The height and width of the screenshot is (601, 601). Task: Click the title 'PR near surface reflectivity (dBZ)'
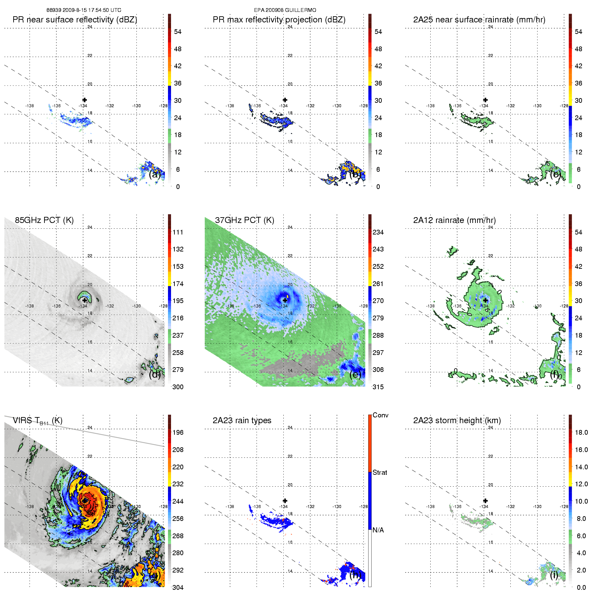click(75, 20)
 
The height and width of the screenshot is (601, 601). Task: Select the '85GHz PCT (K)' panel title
click(44, 220)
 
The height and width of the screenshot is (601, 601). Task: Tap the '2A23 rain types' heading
click(242, 420)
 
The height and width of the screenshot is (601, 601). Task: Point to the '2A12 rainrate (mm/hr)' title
click(454, 220)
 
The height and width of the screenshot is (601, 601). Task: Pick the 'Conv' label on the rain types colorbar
click(380, 415)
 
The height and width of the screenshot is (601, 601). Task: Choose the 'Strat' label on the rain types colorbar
click(379, 472)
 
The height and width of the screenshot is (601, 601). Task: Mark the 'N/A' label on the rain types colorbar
click(378, 530)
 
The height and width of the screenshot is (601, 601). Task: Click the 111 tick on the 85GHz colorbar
click(178, 232)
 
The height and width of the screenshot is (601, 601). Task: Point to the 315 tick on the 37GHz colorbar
click(378, 387)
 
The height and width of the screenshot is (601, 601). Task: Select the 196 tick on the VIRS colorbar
click(178, 432)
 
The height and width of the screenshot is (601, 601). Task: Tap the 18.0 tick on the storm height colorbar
click(581, 432)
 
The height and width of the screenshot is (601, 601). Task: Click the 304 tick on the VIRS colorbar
click(178, 587)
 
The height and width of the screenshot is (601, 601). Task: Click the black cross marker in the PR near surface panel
click(84, 100)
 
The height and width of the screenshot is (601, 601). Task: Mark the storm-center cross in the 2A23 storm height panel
click(485, 501)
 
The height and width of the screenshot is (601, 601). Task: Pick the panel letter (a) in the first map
click(154, 174)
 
